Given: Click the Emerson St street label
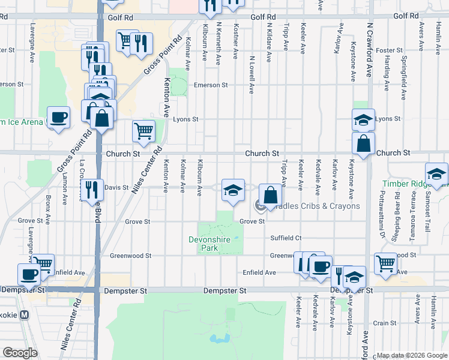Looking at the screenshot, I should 211,85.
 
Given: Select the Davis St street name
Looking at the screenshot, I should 117,188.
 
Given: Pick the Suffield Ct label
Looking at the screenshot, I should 285,238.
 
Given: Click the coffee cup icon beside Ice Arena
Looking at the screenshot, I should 58,117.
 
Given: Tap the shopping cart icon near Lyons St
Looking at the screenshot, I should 143,130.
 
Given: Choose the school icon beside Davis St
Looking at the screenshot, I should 233,190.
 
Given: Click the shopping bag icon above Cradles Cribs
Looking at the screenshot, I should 270,195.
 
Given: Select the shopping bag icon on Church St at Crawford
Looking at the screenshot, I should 363,143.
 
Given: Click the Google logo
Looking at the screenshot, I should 20,353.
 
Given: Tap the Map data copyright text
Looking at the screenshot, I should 411,356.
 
